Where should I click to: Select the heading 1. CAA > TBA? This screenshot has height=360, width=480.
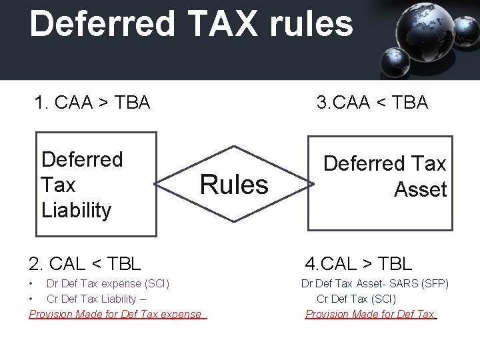92,103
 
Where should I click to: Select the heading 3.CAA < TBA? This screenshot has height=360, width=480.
372,103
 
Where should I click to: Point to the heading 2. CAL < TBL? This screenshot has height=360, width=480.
85,263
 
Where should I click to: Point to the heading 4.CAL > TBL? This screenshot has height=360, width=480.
359,264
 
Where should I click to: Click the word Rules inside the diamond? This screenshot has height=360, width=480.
234,185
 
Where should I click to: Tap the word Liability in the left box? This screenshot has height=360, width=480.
76,210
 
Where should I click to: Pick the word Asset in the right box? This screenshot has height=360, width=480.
420,190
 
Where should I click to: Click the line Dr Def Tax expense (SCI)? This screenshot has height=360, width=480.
108,284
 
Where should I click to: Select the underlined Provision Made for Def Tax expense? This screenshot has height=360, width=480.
115,314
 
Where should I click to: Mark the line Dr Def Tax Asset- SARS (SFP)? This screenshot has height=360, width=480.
375,284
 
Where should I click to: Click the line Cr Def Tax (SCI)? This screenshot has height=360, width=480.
356,299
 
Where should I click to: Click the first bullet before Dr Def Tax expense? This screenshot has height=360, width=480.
32,284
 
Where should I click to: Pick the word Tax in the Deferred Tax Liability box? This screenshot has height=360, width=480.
58,185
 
